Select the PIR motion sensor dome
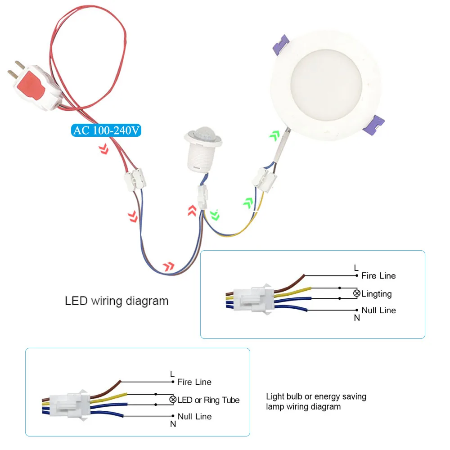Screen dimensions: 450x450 pyautogui.click(x=204, y=135)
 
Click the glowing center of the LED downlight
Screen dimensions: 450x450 pyautogui.click(x=327, y=86)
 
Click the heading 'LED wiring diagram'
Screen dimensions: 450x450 pyautogui.click(x=117, y=301)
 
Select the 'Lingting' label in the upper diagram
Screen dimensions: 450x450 pyautogui.click(x=376, y=294)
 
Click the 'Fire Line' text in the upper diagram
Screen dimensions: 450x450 pyautogui.click(x=378, y=275)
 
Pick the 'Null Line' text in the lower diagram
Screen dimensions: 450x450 pyautogui.click(x=194, y=417)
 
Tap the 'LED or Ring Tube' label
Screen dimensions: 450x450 pyautogui.click(x=208, y=400)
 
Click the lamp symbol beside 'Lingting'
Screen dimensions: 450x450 pyautogui.click(x=357, y=293)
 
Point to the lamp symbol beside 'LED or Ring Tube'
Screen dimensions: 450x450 pyautogui.click(x=173, y=400)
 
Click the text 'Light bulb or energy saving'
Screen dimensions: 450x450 pyautogui.click(x=316, y=396)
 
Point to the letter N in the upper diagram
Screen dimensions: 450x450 pyautogui.click(x=357, y=318)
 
